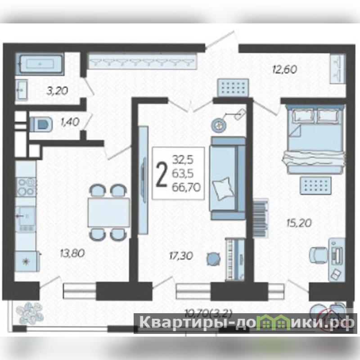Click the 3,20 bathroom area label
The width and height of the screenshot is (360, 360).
[57, 91]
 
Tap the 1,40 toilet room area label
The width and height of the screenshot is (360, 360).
[70, 121]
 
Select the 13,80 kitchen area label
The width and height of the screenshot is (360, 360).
[72, 253]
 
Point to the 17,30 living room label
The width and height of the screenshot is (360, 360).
[181, 256]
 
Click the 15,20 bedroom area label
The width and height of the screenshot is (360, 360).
[299, 222]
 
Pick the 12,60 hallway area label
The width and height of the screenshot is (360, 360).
[285, 69]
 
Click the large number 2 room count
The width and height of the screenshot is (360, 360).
[161, 174]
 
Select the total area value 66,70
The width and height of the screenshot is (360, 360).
[186, 188]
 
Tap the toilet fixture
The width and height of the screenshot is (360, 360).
[41, 125]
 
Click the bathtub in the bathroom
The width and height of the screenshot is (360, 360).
[40, 63]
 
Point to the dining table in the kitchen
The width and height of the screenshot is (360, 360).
[109, 212]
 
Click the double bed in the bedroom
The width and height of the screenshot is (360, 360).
[314, 139]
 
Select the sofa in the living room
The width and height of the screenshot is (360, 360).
[227, 178]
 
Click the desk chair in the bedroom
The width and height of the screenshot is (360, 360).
[319, 255]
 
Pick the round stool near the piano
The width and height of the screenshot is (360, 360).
[213, 259]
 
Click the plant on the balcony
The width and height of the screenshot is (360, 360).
[30, 313]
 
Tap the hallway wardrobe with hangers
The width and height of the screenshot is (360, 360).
[143, 61]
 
